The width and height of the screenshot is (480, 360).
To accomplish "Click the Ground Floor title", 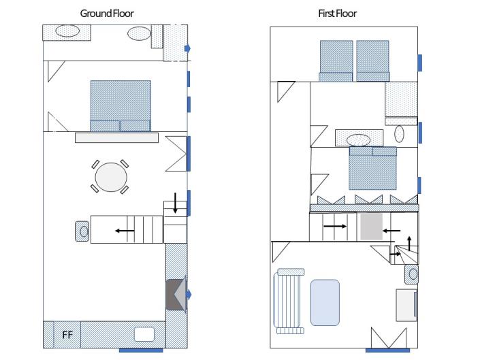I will (107, 14).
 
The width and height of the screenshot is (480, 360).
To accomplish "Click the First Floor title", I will (337, 14).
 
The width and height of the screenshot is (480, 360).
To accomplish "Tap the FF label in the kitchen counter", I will (67, 335).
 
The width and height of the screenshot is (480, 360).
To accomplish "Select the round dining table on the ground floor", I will (111, 178).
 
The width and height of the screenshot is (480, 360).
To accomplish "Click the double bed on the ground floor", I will (121, 105).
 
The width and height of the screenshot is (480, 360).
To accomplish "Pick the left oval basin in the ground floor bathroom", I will (67, 31).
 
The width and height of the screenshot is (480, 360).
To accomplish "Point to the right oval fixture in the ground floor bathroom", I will (140, 33).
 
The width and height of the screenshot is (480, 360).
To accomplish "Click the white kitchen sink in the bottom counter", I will (144, 334).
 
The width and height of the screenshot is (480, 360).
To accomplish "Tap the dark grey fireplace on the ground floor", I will (174, 295).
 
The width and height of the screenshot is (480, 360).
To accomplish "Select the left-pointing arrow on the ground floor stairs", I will (125, 231).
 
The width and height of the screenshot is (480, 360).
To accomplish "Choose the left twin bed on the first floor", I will (336, 61).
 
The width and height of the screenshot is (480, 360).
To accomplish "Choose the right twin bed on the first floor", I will (372, 61).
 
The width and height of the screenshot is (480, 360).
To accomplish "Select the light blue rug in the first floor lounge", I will (325, 301).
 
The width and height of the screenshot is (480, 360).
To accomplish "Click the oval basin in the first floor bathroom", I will (358, 140).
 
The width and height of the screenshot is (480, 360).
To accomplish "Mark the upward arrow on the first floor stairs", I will (409, 242).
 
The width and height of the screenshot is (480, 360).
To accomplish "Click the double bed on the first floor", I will (373, 168).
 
